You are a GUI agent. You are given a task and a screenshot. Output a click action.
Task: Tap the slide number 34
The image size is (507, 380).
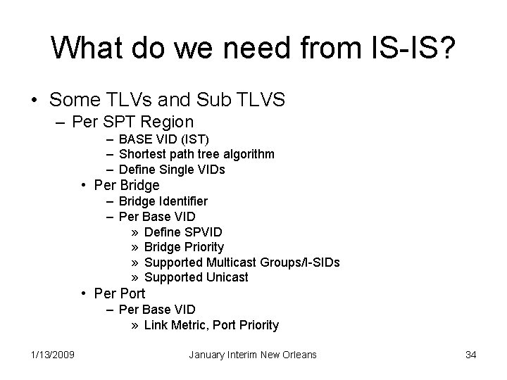[471, 355]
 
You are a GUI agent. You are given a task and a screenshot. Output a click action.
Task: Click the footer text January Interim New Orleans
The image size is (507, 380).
[254, 355]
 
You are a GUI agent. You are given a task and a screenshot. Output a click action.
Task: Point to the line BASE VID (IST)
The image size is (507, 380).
[164, 139]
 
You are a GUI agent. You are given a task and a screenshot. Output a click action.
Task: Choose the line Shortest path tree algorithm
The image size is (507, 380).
[197, 153]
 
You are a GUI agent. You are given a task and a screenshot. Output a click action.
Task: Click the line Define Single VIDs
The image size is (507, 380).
[173, 169]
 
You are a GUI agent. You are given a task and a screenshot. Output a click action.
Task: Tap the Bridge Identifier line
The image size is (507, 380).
[163, 201]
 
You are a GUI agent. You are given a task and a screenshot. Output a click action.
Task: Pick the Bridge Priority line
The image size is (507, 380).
[184, 247]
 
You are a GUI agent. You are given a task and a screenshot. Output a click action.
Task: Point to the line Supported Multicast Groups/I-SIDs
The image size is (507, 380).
[242, 262]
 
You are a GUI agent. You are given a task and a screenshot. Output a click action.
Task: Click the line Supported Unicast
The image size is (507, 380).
[196, 277]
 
